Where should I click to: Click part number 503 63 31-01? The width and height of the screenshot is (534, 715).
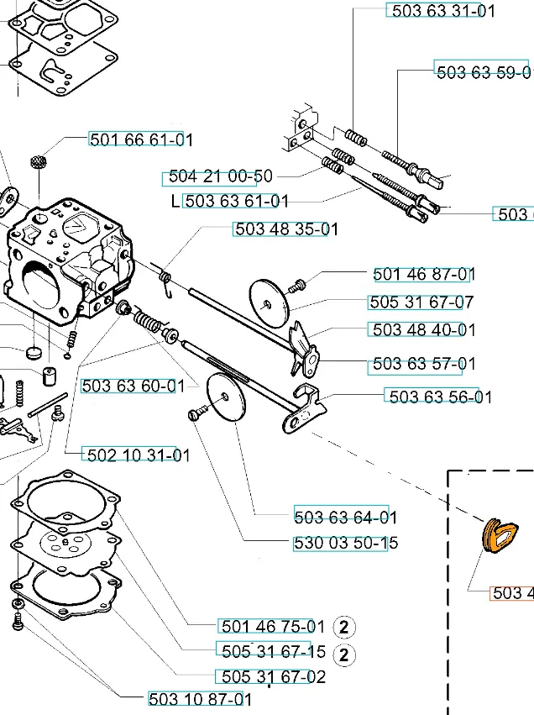click(x=440, y=11)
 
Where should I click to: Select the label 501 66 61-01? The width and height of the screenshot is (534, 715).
click(x=141, y=139)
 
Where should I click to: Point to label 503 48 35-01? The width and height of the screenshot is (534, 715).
click(x=286, y=229)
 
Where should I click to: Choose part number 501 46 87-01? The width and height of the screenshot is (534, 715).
click(x=424, y=274)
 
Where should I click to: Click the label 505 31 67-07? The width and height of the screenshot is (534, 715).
click(x=421, y=302)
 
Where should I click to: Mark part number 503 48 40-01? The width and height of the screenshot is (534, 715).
click(x=422, y=330)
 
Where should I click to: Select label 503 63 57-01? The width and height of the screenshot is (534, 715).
click(x=423, y=364)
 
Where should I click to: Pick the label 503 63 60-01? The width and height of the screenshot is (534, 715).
click(x=133, y=386)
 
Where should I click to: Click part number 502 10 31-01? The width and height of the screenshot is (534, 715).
click(x=138, y=455)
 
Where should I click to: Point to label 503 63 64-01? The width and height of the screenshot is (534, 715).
click(x=346, y=517)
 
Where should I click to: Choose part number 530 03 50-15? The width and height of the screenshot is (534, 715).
click(x=346, y=543)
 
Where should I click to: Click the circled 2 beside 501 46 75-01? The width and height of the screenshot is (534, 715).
click(x=345, y=627)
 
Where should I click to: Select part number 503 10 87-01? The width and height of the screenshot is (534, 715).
click(x=200, y=698)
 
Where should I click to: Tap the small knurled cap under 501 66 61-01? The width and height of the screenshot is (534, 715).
click(x=37, y=160)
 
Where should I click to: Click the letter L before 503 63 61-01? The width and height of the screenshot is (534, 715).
click(x=175, y=201)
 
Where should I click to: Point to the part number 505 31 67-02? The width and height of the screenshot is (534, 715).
click(x=271, y=676)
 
